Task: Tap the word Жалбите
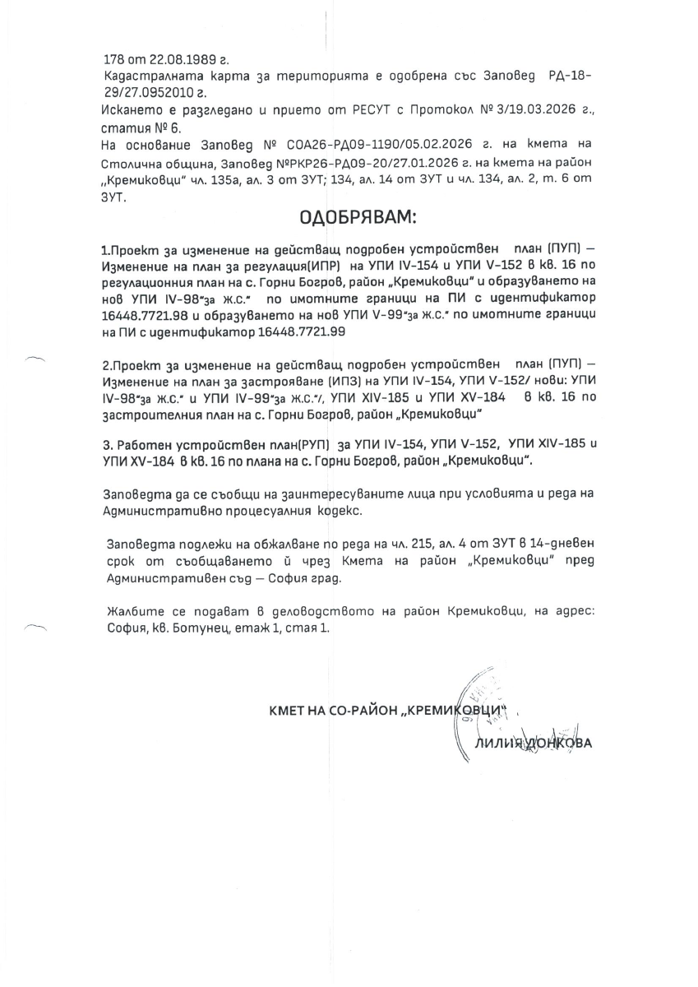[133, 611]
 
